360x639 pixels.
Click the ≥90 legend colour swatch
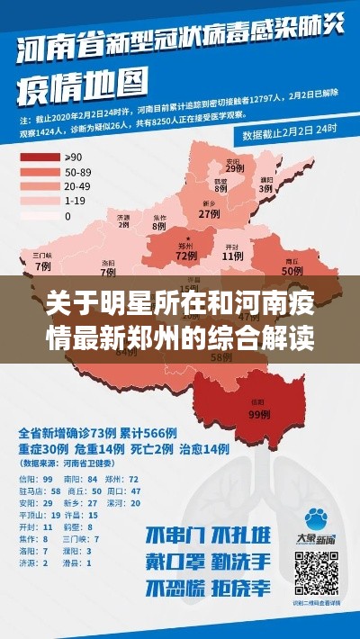coord(39,157)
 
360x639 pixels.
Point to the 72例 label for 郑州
coord(185,256)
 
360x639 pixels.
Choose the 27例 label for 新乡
coord(209,214)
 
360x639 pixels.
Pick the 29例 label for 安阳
coord(233,168)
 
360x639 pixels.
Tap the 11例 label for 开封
coord(233,256)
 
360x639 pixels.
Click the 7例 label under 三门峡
coord(42,266)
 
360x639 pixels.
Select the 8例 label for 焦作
coord(159,227)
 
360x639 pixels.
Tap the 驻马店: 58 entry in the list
coord(41,490)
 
